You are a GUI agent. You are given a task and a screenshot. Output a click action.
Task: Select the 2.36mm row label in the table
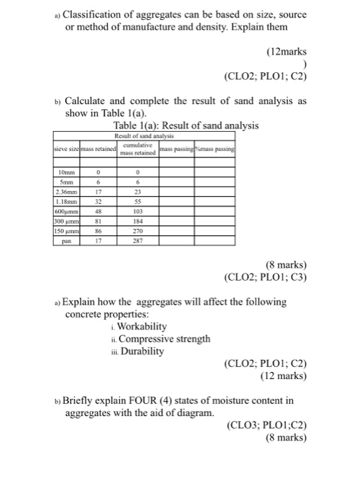click(65, 191)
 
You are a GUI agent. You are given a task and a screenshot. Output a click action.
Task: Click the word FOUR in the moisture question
click(146, 400)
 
